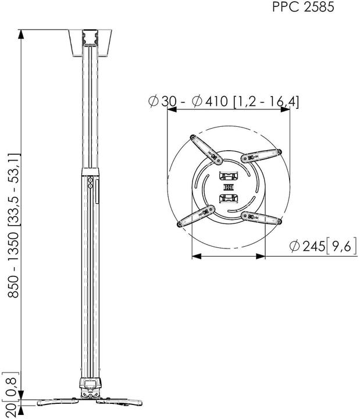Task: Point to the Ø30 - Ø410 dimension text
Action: (224, 101)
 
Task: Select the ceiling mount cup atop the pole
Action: (90, 43)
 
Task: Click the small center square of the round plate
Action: (227, 187)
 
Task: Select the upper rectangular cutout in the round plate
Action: (227, 176)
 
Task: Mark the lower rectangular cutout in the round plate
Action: (227, 198)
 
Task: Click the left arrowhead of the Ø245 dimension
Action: (195, 254)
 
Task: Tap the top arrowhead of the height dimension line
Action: (20, 33)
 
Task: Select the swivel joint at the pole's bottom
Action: (90, 384)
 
